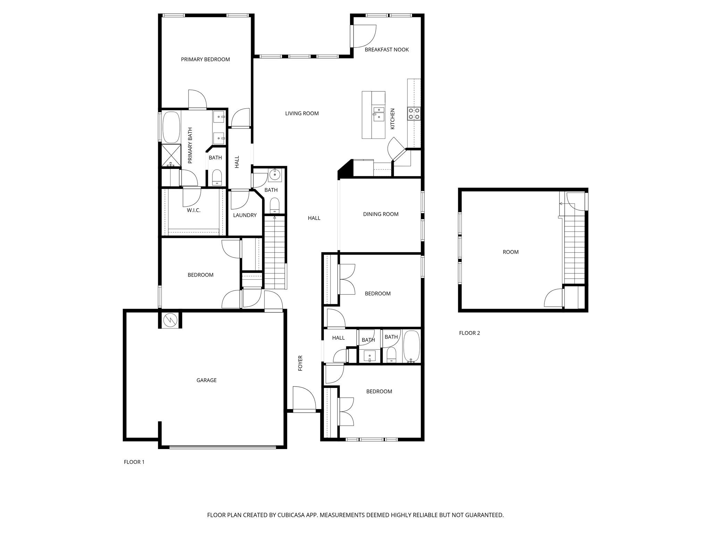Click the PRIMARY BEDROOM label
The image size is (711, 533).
205,59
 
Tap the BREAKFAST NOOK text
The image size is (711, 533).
386,50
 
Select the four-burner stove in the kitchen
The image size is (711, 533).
414,113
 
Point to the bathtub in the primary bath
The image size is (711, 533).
171,127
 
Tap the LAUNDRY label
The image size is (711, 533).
244,215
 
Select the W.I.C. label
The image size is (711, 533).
193,210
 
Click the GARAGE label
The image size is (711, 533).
206,380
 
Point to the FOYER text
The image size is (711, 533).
301,363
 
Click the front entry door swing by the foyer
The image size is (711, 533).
304,399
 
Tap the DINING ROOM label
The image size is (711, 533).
380,214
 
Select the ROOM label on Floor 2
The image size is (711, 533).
510,252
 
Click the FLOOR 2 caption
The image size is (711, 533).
469,333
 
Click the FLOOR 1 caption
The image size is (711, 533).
134,462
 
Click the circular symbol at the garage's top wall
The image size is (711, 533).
170,319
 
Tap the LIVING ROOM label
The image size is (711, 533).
302,113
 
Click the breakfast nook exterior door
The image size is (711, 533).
364,36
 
